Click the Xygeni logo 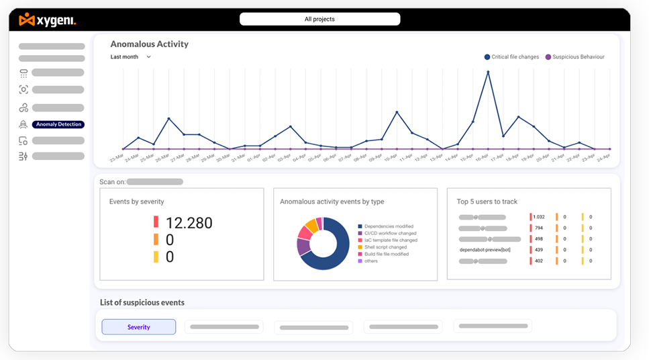click(x=47, y=20)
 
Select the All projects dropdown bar click(x=319, y=19)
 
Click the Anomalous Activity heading click(x=149, y=44)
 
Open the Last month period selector click(x=131, y=57)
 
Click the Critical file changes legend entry click(x=511, y=57)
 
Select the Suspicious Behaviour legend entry click(x=575, y=57)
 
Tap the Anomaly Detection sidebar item click(x=59, y=124)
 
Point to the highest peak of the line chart click(x=488, y=71)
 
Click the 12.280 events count click(x=189, y=223)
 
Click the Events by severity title click(x=136, y=201)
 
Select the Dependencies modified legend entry click(x=389, y=226)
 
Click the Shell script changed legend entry click(x=385, y=247)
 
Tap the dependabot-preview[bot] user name click(x=485, y=250)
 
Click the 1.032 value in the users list click(x=539, y=217)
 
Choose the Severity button click(x=139, y=327)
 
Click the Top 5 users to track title click(x=487, y=201)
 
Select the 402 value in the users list click(x=539, y=261)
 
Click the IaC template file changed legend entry click(x=391, y=240)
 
